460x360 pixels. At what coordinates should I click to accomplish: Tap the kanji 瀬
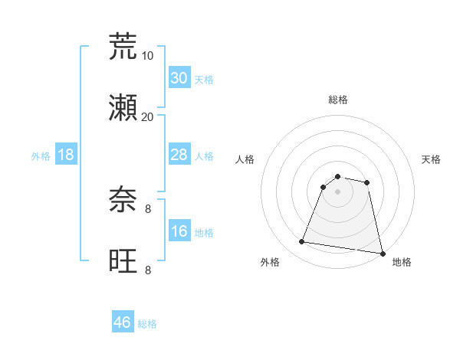point(123,108)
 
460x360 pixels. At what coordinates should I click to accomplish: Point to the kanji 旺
point(123,261)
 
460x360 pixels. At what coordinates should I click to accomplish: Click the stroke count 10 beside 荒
point(148,55)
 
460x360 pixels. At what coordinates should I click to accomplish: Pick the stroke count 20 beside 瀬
point(148,116)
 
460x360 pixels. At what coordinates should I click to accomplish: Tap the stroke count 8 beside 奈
point(148,208)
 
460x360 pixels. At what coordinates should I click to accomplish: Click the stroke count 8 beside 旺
point(148,270)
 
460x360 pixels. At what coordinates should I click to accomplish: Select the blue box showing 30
point(179,78)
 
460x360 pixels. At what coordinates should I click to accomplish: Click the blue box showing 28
point(179,155)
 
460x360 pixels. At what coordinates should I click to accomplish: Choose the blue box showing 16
point(179,231)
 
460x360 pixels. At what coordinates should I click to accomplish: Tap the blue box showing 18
point(66,155)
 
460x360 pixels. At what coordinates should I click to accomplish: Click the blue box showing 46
point(123,322)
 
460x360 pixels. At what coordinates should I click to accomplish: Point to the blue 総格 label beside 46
point(147,324)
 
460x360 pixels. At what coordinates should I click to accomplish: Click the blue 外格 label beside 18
point(41,156)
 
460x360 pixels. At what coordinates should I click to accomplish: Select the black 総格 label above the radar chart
point(337,100)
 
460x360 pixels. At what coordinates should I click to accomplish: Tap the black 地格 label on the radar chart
point(402,262)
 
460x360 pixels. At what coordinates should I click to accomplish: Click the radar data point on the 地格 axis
point(381,253)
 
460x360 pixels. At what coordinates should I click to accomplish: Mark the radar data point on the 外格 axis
point(302,242)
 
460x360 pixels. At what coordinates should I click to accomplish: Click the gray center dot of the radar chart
point(337,191)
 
